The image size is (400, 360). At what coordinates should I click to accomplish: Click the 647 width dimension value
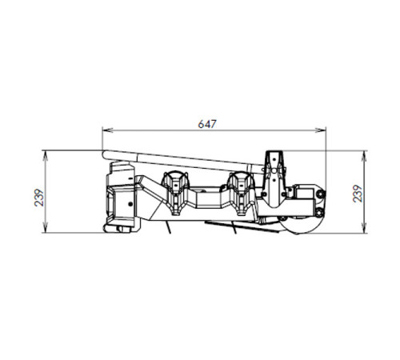[x=207, y=124]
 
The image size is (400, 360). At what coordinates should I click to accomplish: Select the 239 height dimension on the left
[x=39, y=198]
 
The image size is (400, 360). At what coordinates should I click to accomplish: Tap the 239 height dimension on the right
[x=358, y=194]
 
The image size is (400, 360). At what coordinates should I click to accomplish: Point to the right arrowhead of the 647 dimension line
[x=321, y=130]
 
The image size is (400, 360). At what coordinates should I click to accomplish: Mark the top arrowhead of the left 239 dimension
[x=46, y=156]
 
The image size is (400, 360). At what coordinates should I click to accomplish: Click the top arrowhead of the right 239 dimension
[x=365, y=156]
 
